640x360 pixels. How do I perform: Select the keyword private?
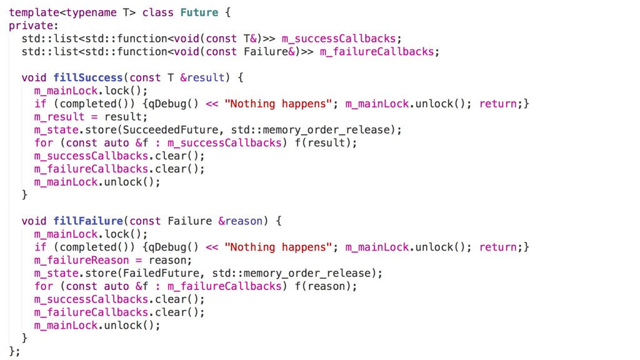click(31, 25)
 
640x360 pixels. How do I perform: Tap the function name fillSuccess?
click(88, 77)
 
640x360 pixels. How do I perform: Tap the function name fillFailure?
click(88, 221)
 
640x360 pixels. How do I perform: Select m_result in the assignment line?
click(59, 116)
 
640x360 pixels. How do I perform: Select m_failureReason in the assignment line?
click(82, 260)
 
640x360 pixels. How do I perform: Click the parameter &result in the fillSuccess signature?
click(202, 77)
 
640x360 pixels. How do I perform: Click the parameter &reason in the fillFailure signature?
click(240, 221)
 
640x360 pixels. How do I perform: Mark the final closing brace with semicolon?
click(15, 351)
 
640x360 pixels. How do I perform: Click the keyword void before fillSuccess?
click(34, 77)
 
